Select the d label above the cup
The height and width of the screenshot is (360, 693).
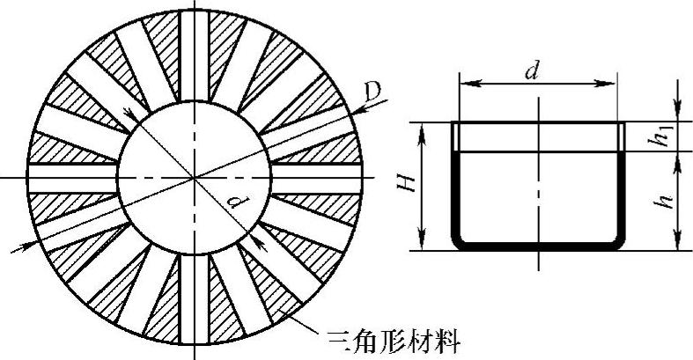coord(531,70)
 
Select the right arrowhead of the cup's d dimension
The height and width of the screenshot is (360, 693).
coord(614,84)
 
